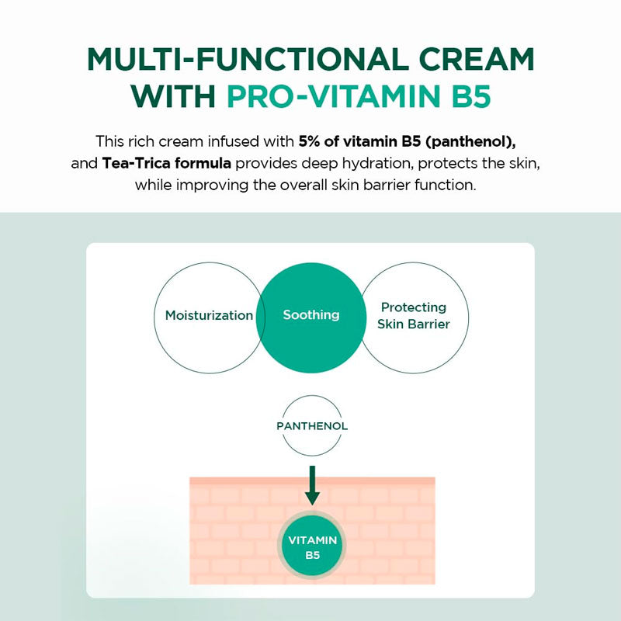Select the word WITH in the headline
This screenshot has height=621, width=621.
(x=173, y=99)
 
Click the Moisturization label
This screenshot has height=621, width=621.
(x=209, y=316)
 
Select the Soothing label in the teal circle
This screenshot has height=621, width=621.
(x=311, y=315)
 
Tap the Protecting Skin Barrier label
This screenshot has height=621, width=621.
(x=414, y=316)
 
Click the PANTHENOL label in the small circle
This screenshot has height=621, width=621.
(x=312, y=426)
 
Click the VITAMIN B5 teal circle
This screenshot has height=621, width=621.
(x=312, y=547)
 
